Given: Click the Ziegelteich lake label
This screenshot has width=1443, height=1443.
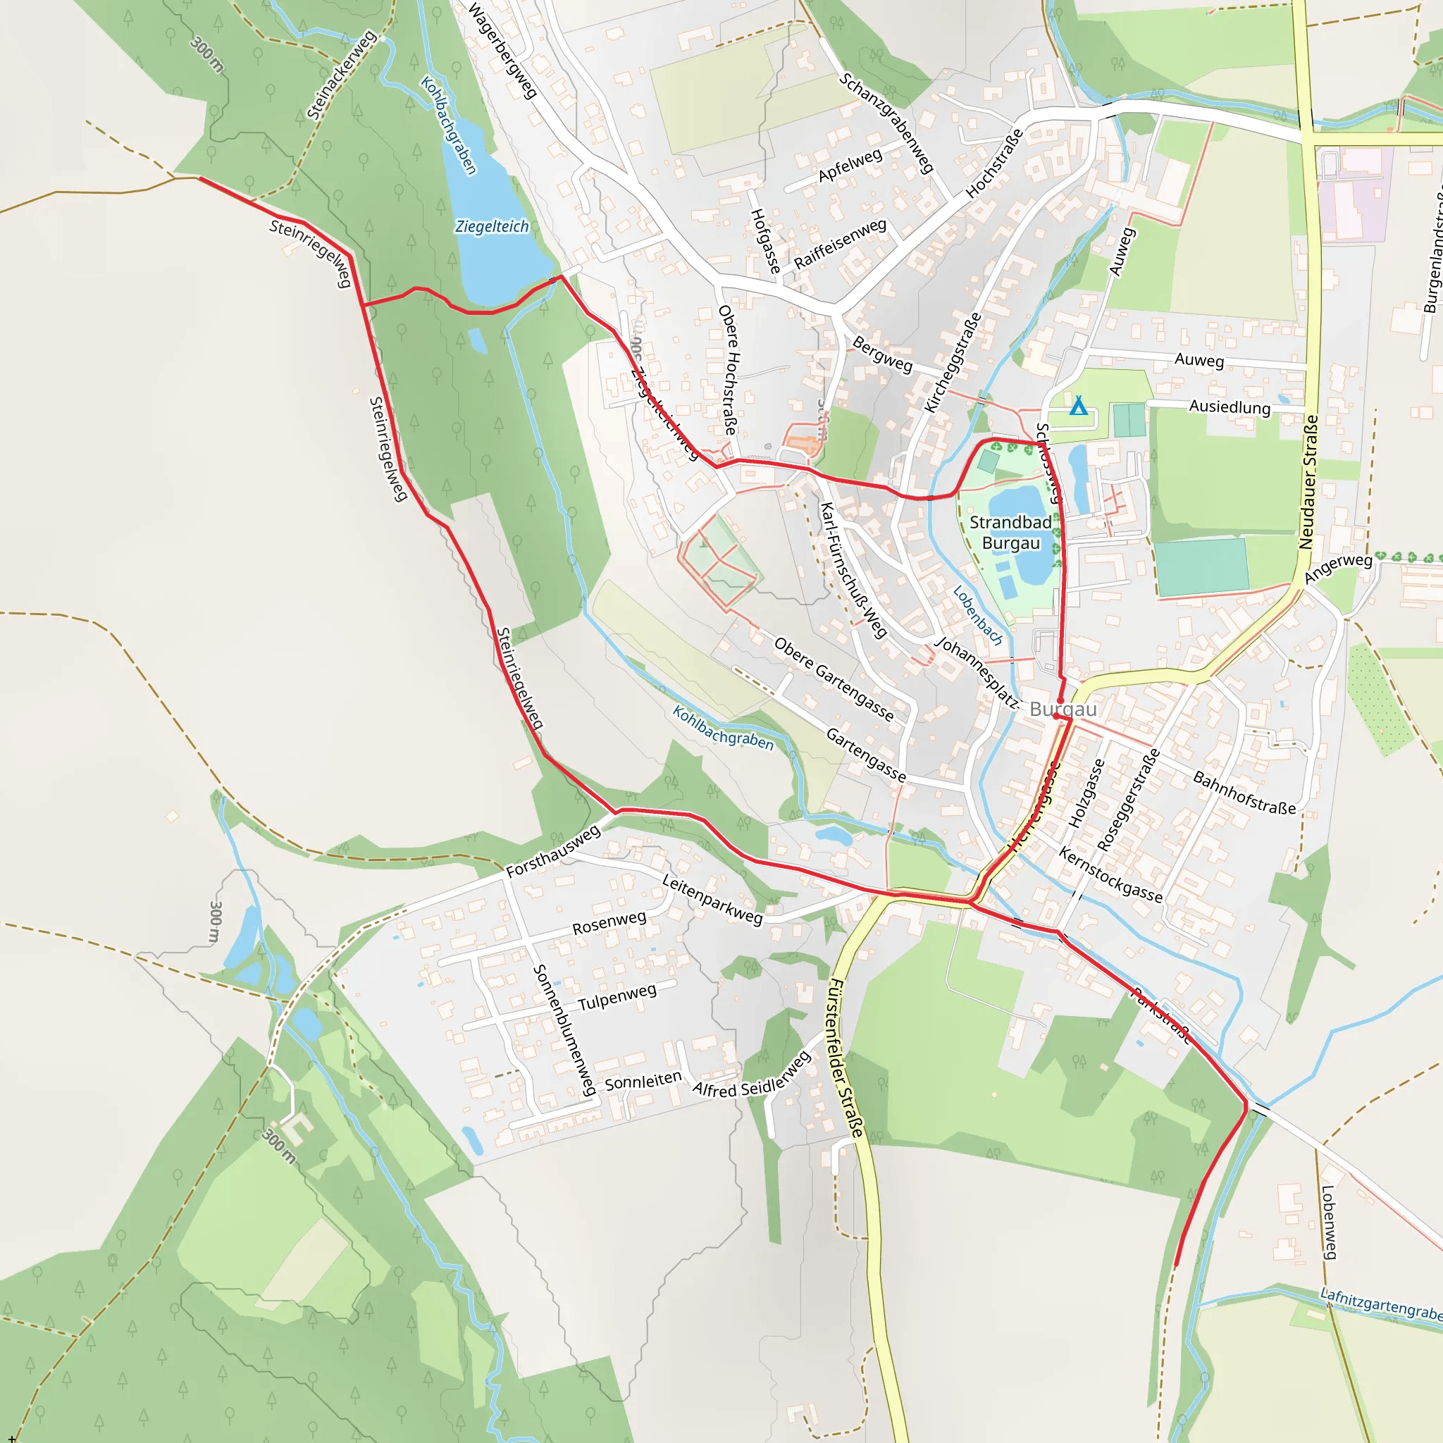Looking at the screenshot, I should click(492, 226).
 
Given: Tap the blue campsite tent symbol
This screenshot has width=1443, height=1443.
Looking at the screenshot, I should click(1078, 407).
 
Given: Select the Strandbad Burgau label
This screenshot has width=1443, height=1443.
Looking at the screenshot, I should click(1010, 533).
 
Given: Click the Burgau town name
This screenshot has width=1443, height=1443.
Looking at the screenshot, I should click(1063, 709).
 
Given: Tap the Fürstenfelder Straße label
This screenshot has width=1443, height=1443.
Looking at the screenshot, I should click(846, 1058).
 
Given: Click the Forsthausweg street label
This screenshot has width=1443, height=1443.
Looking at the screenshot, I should click(552, 851).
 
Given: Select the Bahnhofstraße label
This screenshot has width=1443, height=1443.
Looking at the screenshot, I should click(1244, 793).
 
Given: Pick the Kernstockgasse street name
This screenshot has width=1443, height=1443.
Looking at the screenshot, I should click(1110, 874).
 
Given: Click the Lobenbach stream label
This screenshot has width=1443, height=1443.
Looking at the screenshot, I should click(978, 615).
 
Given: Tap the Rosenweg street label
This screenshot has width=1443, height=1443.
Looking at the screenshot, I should click(609, 923).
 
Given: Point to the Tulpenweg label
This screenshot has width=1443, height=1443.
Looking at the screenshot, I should click(617, 997).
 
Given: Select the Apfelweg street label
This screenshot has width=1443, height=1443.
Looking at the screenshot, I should click(850, 166).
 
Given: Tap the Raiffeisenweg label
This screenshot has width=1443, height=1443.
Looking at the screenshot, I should click(841, 244).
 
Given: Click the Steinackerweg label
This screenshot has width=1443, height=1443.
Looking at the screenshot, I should click(341, 75).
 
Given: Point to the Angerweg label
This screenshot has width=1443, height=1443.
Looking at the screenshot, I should click(1338, 569).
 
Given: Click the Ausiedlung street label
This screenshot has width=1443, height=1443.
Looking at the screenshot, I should click(1230, 407).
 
